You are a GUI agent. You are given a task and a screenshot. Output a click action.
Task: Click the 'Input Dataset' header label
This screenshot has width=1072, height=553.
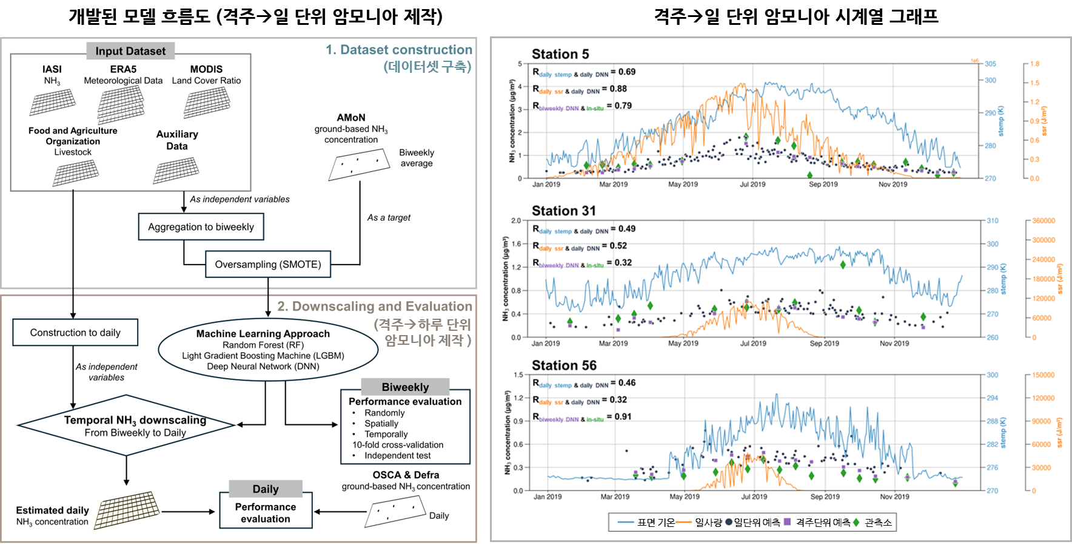click(x=130, y=51)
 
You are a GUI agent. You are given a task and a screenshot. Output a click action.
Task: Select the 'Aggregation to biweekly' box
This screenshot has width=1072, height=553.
click(x=201, y=227)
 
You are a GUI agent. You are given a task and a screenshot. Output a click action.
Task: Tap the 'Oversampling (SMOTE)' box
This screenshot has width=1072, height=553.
click(x=268, y=265)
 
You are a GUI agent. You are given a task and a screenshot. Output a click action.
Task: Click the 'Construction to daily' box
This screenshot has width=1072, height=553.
click(x=75, y=333)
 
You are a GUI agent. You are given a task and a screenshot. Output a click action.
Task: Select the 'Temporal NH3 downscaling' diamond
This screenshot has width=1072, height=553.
click(x=126, y=426)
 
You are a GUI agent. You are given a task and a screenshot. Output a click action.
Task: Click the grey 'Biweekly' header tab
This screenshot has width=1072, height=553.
click(x=405, y=387)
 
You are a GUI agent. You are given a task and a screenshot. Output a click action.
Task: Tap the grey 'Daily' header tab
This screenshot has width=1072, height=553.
click(x=266, y=489)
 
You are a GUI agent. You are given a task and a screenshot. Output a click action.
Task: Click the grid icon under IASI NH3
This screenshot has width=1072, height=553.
click(x=53, y=102)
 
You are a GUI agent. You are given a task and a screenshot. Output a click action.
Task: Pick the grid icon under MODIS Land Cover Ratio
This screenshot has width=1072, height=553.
click(x=207, y=102)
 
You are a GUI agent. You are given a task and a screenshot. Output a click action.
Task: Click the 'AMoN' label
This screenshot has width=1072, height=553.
click(x=351, y=117)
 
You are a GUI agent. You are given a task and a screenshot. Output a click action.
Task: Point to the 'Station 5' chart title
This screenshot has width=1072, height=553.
click(x=560, y=54)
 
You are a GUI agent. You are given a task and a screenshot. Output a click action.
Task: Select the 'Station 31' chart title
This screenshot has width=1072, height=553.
click(x=564, y=211)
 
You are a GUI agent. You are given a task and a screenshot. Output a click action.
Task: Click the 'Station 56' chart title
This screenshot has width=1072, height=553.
click(x=564, y=365)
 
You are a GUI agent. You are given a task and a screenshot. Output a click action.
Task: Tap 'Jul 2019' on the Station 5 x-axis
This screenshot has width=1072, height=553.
click(x=752, y=185)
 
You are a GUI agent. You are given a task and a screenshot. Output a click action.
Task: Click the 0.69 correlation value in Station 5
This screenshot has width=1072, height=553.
click(x=627, y=72)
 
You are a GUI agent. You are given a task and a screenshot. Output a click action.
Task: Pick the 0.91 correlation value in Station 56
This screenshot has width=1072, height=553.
click(x=623, y=416)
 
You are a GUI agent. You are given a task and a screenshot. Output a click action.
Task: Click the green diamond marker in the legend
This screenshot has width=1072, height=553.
click(x=856, y=522)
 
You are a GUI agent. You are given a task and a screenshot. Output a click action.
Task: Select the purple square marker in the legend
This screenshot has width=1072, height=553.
click(x=787, y=522)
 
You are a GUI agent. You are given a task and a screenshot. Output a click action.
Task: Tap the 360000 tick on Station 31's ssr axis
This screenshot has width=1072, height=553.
click(x=1044, y=221)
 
